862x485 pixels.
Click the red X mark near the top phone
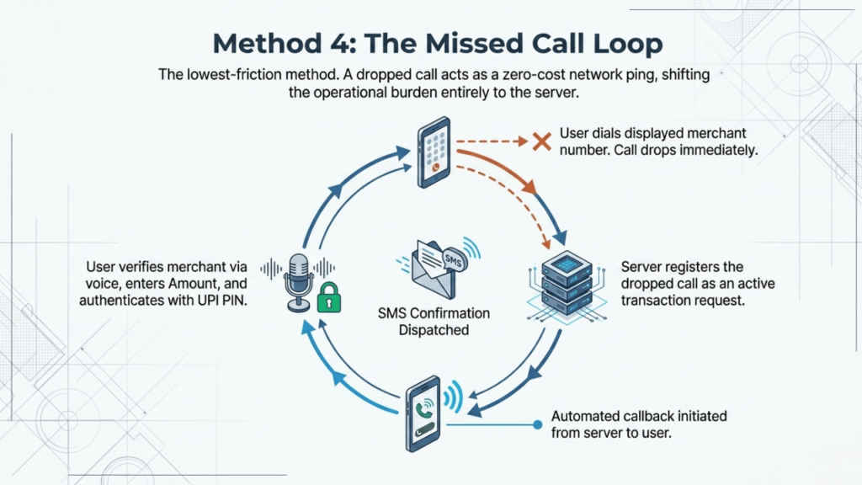541,141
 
